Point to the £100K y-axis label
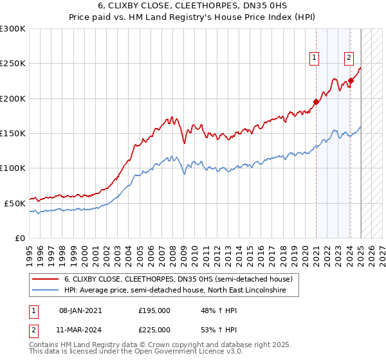[x=13, y=168]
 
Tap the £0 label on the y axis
[x=19, y=238]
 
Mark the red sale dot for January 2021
[x=316, y=102]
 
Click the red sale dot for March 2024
[x=351, y=81]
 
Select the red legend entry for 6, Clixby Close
[x=178, y=279]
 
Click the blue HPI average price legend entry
[x=182, y=291]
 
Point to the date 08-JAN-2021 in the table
[x=80, y=310]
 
